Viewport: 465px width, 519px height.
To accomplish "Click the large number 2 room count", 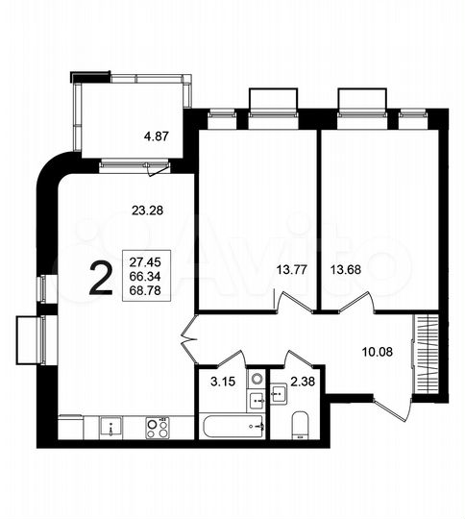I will pyautogui.click(x=98, y=278).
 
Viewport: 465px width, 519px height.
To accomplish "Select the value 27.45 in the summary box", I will pyautogui.click(x=143, y=259).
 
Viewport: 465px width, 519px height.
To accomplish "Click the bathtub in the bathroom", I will pyautogui.click(x=232, y=424).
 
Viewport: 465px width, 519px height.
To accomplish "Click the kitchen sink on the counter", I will pyautogui.click(x=111, y=424).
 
